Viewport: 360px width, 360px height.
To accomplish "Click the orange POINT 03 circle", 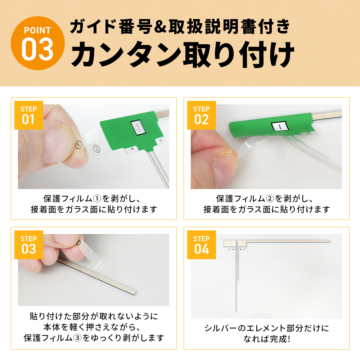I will (38, 43).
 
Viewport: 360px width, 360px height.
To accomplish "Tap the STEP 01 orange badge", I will (29, 115).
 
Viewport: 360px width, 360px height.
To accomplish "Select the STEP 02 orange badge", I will (202, 115).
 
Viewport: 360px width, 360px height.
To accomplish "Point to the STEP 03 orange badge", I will (29, 245).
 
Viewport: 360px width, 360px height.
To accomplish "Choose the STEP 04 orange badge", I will (202, 245).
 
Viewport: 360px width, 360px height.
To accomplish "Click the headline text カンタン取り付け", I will (182, 55).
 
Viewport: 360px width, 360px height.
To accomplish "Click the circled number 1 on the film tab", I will (79, 145).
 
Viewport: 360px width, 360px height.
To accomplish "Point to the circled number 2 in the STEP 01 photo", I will (96, 148).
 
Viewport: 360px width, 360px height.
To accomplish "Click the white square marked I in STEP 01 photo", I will (137, 127).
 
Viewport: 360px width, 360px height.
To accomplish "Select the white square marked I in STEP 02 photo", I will (280, 126).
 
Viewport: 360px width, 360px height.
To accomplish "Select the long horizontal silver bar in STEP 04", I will (284, 241).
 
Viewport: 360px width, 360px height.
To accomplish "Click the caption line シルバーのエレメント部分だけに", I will (266, 328).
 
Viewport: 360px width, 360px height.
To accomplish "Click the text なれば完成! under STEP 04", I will (266, 339).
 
